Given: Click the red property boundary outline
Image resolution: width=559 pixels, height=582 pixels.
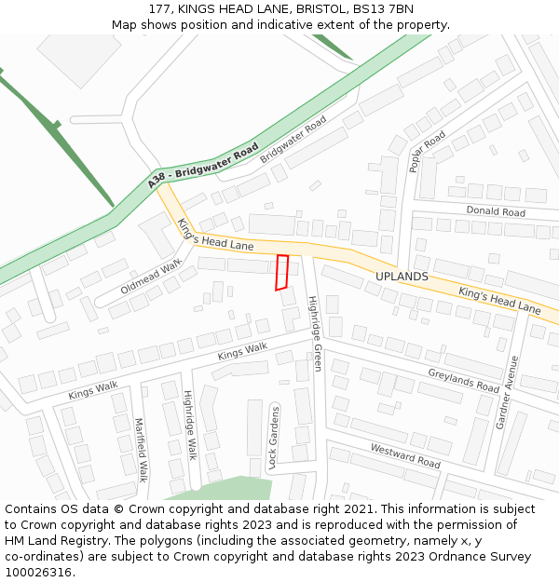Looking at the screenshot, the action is tap(282, 272).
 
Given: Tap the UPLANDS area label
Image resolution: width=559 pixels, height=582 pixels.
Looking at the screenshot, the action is tap(402, 277).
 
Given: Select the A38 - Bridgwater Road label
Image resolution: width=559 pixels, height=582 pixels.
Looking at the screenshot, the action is tap(203, 167).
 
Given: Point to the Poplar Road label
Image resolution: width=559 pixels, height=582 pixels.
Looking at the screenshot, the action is tap(428, 151).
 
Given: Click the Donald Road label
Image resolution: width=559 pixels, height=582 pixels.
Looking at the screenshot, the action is tap(496, 211).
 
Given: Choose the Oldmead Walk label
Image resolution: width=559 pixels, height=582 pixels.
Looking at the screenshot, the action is tap(151, 277).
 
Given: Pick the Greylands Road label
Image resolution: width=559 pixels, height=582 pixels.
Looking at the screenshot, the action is tap(464, 380).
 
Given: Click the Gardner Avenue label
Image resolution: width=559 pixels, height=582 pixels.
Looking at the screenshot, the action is tap(506, 391).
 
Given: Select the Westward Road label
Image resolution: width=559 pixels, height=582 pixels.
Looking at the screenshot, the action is tap(405, 455).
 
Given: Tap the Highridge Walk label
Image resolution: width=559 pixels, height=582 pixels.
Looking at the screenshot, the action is tap(189, 425).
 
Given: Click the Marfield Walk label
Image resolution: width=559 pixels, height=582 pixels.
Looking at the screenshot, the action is tap(140, 449).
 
